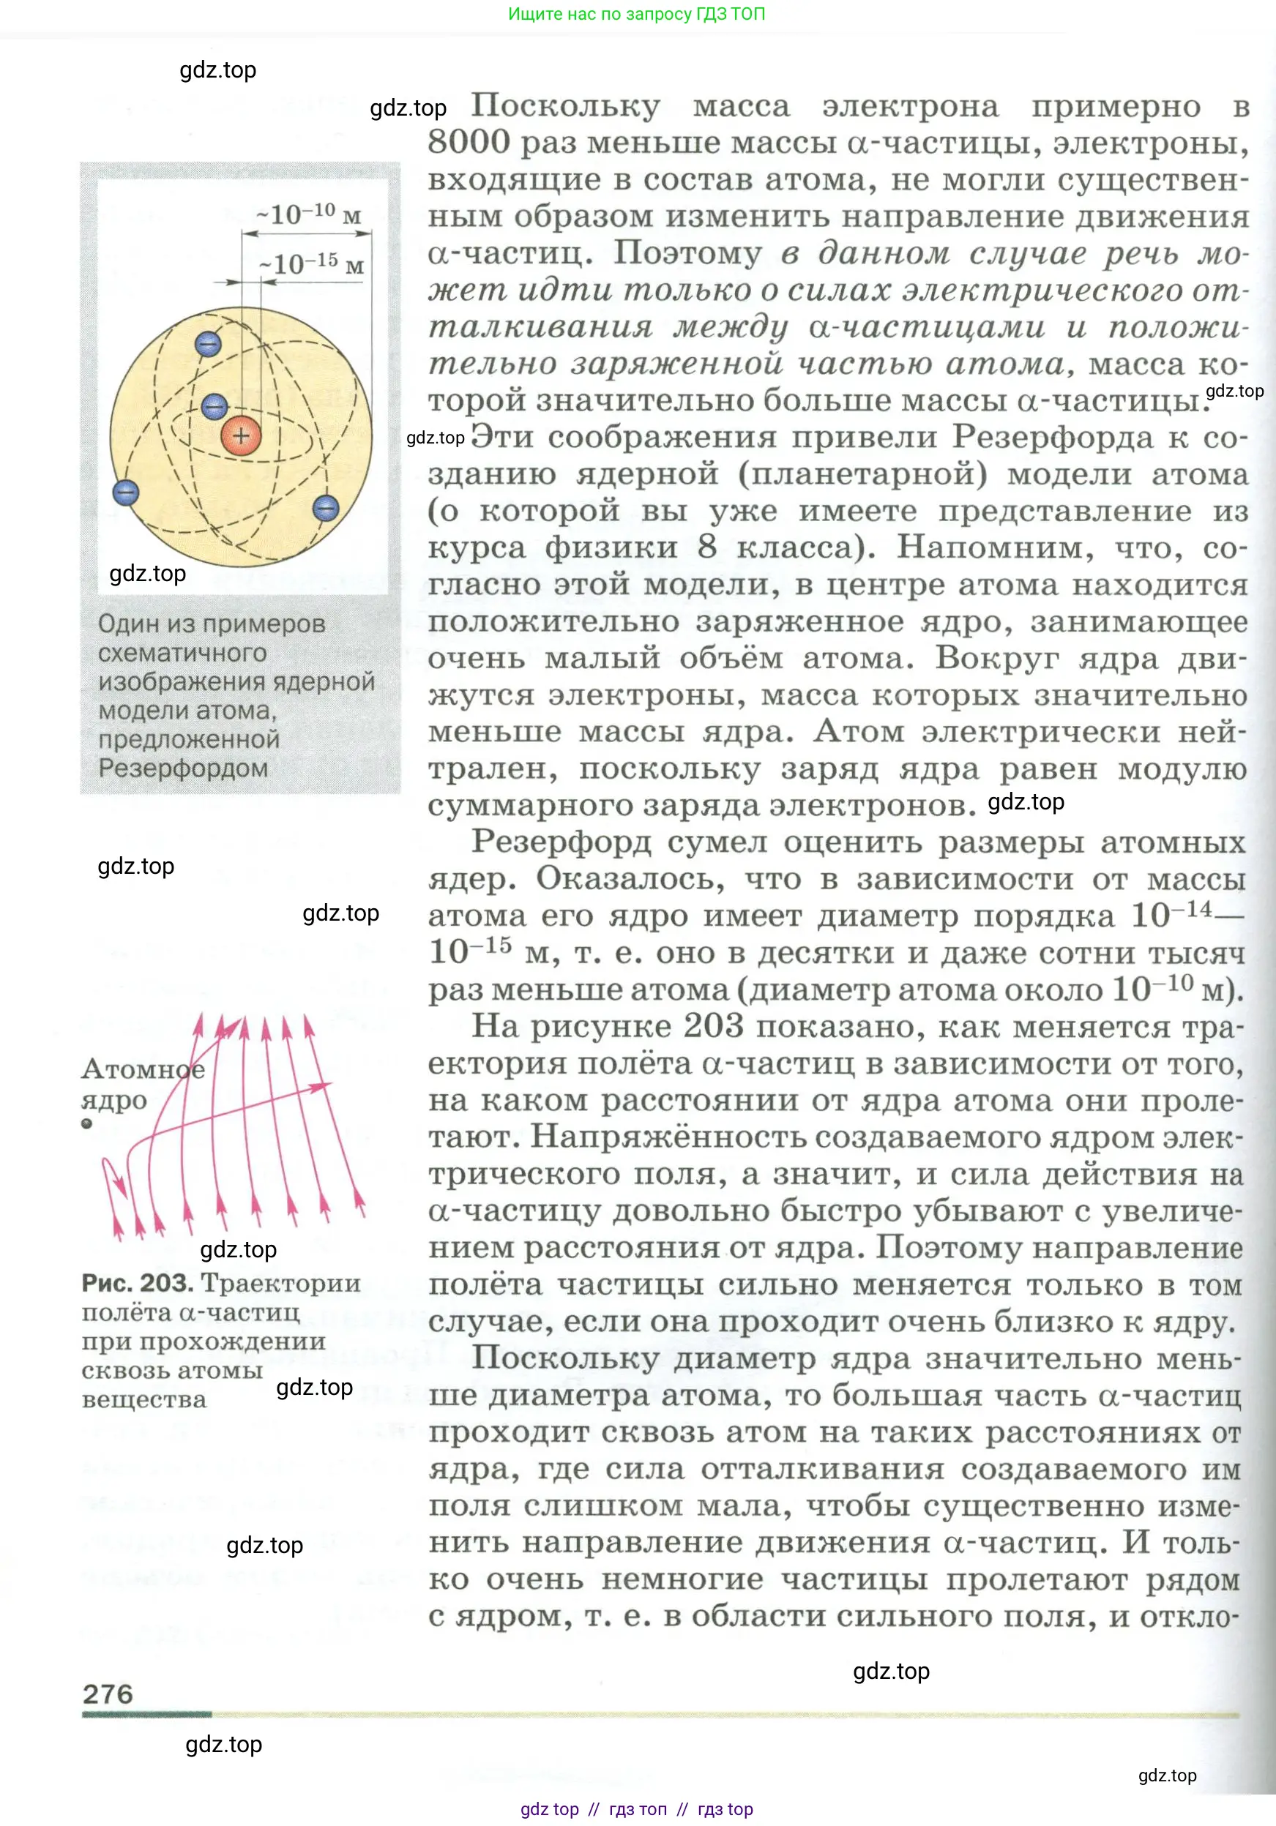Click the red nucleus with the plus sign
241,435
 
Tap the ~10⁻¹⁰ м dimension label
309,213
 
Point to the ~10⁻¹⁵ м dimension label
311,263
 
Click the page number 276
108,1694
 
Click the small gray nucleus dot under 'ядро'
86,1123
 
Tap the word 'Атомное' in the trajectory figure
143,1068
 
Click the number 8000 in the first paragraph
469,143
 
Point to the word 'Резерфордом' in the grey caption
183,768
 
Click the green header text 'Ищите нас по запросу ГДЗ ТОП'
636,13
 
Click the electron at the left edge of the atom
126,493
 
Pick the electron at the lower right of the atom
325,508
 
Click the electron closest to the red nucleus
214,406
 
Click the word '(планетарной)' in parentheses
862,474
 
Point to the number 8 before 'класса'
707,547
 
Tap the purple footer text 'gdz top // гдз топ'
593,1809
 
